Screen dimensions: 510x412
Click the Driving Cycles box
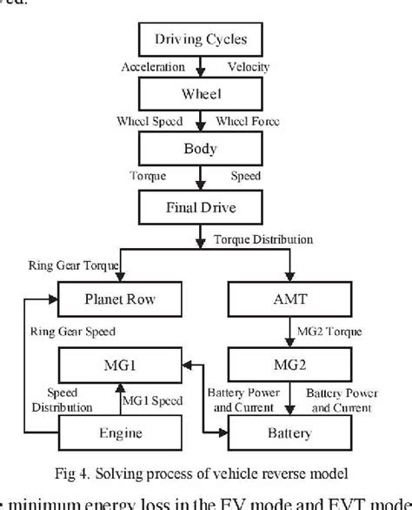point(202,40)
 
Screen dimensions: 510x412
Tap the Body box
point(202,148)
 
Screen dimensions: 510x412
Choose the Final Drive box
point(201,206)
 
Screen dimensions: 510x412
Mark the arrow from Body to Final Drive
point(202,177)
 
